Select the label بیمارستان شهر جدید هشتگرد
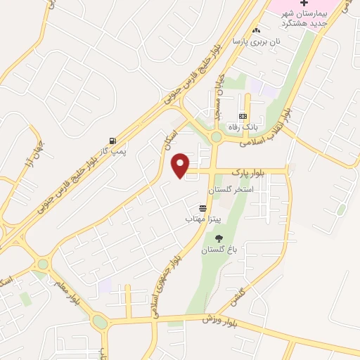coord(304,18)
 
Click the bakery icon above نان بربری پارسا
coord(256,30)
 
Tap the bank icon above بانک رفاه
coord(243,116)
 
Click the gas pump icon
coord(112,140)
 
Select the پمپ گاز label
coord(112,151)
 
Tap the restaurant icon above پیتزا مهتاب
coord(203,208)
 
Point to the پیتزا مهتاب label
coord(199,219)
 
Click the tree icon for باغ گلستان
coord(217,238)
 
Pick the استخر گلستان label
coord(225,191)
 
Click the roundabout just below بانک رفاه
coord(216,136)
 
